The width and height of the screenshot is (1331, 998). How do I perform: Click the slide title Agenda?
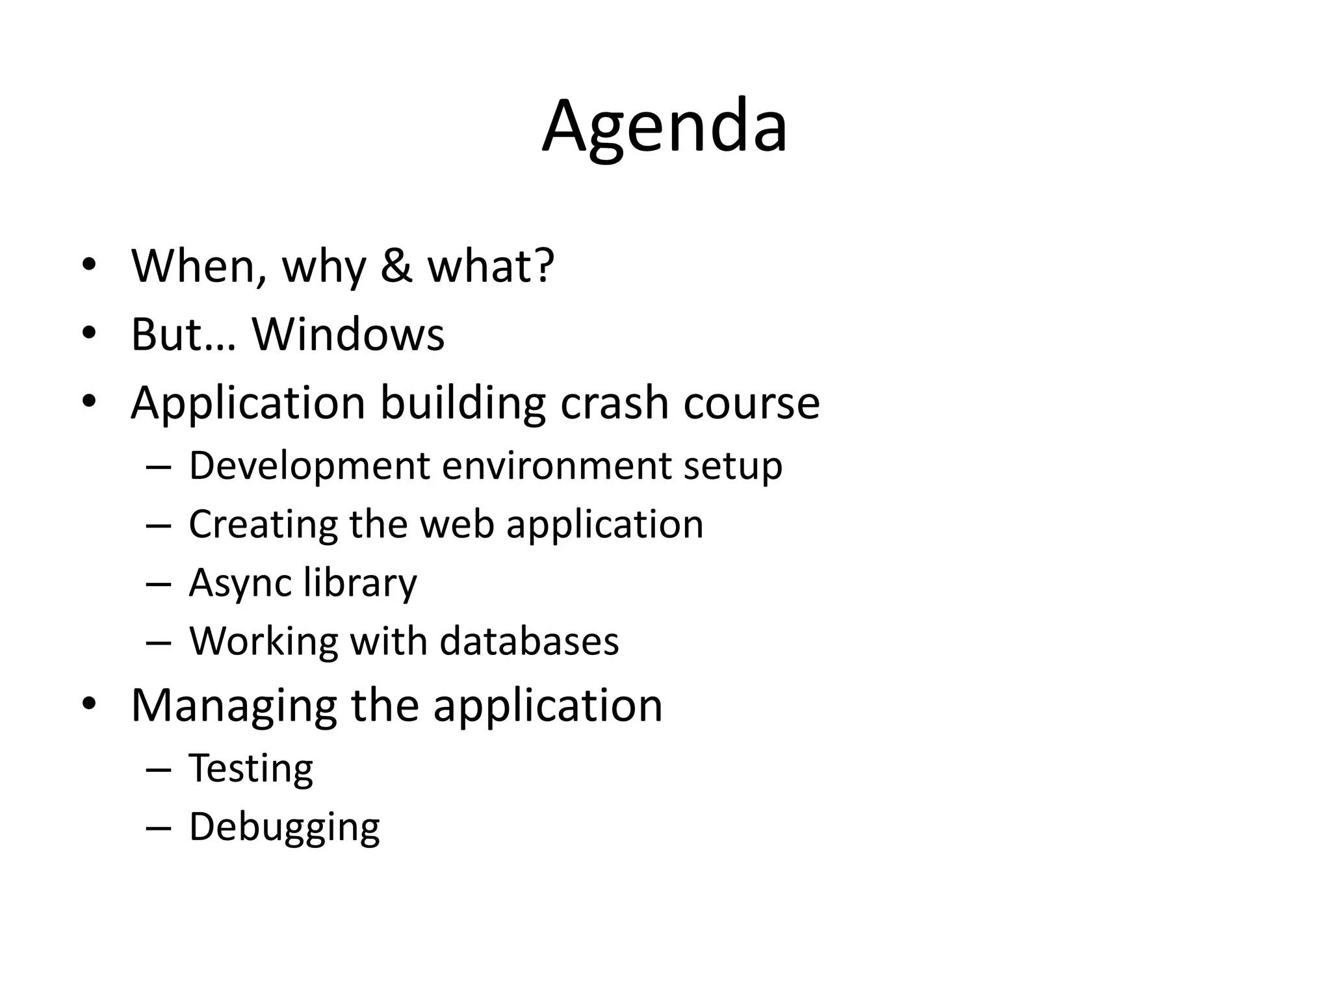(x=665, y=127)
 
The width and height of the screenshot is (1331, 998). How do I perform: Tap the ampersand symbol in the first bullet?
(x=396, y=266)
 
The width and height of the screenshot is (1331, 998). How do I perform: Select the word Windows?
(x=348, y=335)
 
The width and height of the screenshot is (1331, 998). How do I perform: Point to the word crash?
(x=614, y=403)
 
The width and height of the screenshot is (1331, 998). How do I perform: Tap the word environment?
(x=557, y=466)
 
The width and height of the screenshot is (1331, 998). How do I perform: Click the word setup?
(x=732, y=466)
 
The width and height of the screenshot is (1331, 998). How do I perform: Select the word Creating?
(x=263, y=524)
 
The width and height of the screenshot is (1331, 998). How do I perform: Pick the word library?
(x=360, y=582)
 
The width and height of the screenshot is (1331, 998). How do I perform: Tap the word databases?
(x=529, y=641)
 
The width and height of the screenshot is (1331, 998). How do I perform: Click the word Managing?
(x=233, y=705)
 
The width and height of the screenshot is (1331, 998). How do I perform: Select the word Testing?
(x=251, y=768)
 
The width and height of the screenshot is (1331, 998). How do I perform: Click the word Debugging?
(x=284, y=827)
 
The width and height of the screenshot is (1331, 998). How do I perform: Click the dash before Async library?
(x=158, y=583)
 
